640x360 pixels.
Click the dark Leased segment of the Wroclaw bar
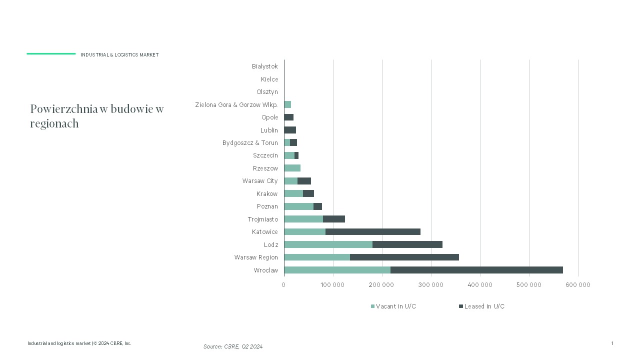point(476,270)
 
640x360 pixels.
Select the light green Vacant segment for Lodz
point(328,244)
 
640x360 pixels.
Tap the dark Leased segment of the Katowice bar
point(373,231)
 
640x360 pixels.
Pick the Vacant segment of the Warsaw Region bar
point(317,257)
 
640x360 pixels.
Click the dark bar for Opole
point(289,117)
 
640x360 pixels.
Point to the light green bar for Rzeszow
point(292,168)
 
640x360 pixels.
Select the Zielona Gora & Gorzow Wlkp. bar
point(287,104)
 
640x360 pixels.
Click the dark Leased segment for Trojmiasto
point(334,219)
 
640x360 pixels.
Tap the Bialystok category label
point(265,66)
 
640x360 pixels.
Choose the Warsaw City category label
point(260,181)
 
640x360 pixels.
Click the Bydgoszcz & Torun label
point(250,143)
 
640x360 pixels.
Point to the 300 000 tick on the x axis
point(431,284)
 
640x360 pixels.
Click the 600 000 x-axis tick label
point(578,284)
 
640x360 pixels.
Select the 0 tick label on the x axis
point(283,284)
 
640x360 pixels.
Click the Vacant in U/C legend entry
point(393,306)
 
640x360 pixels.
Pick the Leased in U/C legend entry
point(481,306)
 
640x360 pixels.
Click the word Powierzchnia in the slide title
point(64,109)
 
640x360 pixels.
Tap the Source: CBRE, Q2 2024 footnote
point(233,346)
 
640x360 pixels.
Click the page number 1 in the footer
point(612,343)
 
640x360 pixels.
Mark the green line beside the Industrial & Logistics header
point(51,53)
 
